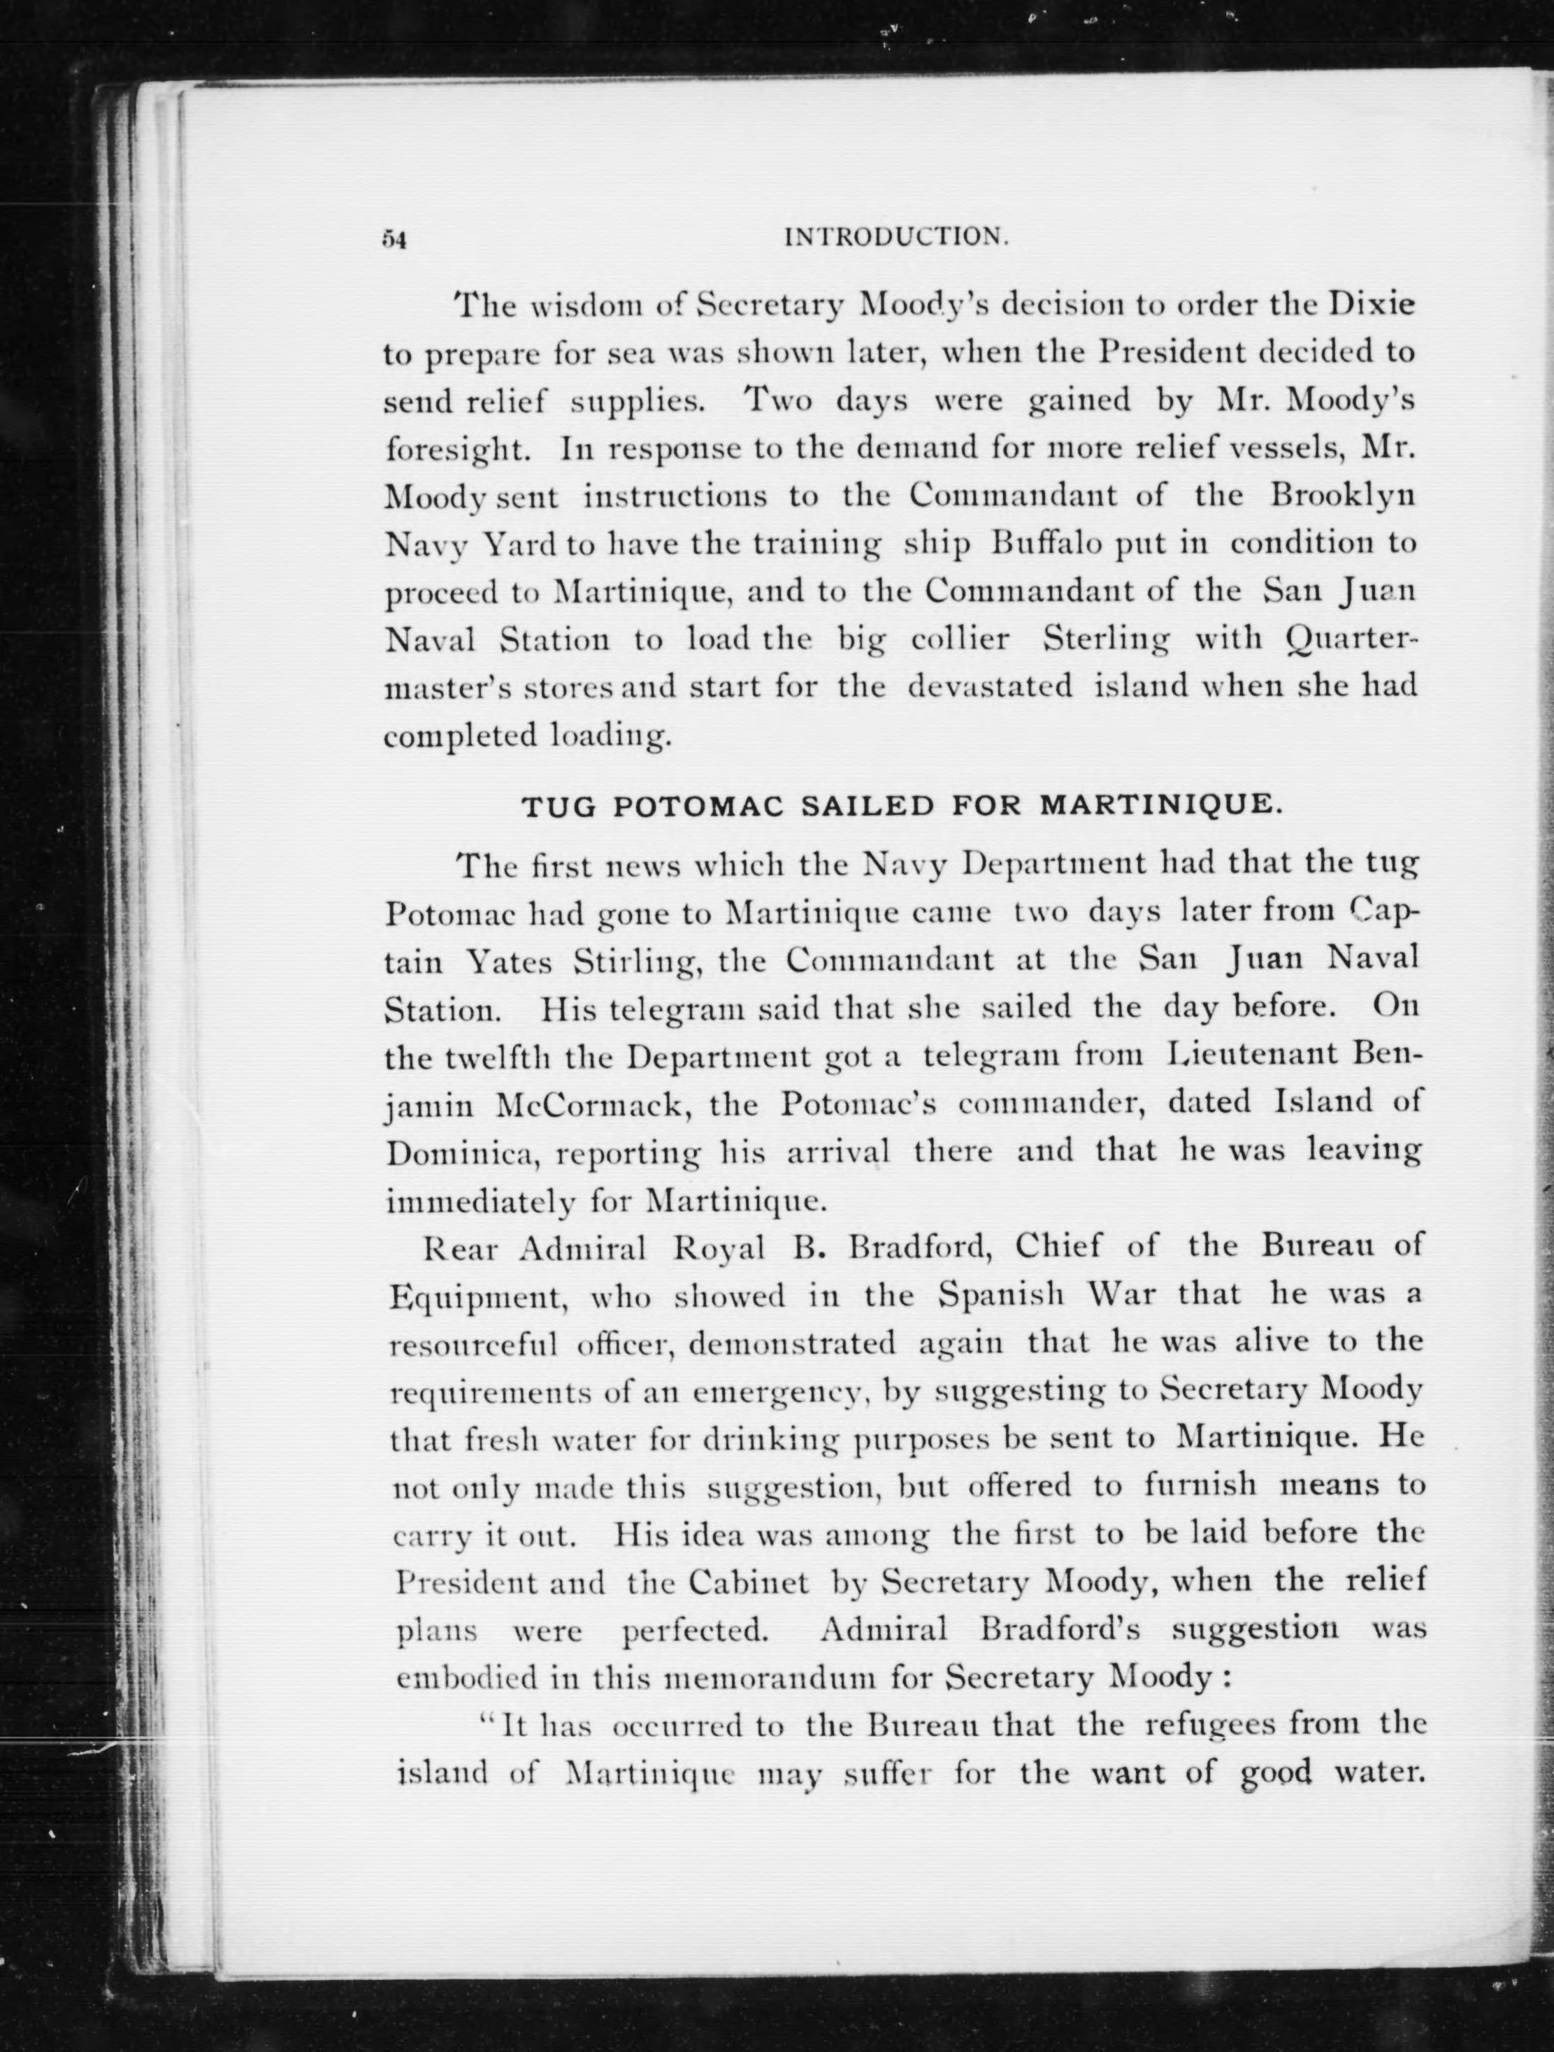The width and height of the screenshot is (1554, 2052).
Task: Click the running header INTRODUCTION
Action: [896, 238]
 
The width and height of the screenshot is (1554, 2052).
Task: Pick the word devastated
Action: [989, 688]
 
